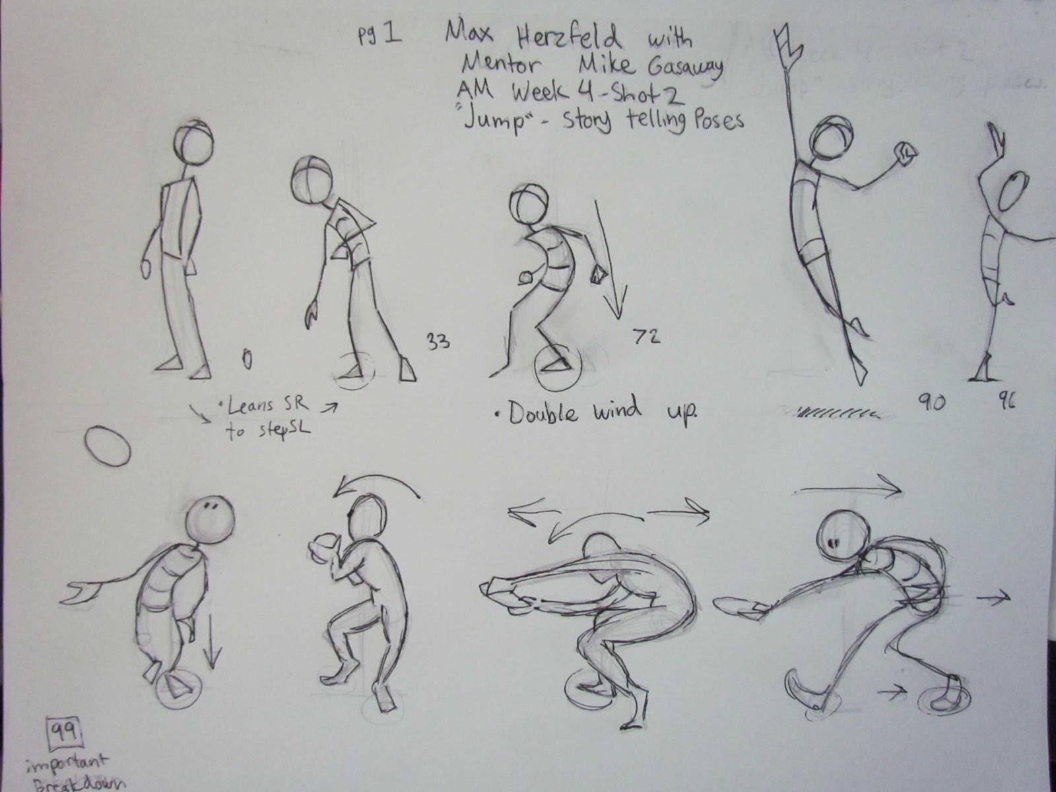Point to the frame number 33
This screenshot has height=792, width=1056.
pos(438,342)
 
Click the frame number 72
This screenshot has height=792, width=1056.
pos(646,337)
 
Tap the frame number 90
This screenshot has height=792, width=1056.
pos(931,401)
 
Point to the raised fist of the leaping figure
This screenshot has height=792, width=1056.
pos(904,154)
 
